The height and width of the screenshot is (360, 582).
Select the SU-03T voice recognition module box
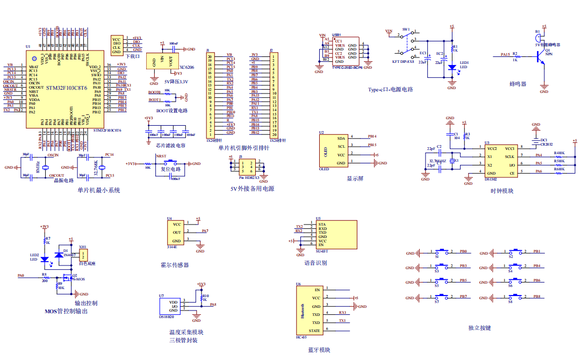click(x=336, y=234)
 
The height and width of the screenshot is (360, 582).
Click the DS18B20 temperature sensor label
click(x=166, y=318)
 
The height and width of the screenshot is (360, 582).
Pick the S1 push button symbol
click(x=442, y=251)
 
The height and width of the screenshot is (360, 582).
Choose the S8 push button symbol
click(x=516, y=297)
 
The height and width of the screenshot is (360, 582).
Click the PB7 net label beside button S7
click(x=463, y=297)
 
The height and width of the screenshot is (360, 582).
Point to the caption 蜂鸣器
click(x=518, y=84)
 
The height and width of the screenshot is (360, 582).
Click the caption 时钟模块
click(x=501, y=190)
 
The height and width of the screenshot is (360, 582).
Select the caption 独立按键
click(x=479, y=328)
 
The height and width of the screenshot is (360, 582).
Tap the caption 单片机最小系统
click(x=99, y=190)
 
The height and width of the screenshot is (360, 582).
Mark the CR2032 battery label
click(x=546, y=145)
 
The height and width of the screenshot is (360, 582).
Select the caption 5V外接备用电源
click(x=252, y=189)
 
